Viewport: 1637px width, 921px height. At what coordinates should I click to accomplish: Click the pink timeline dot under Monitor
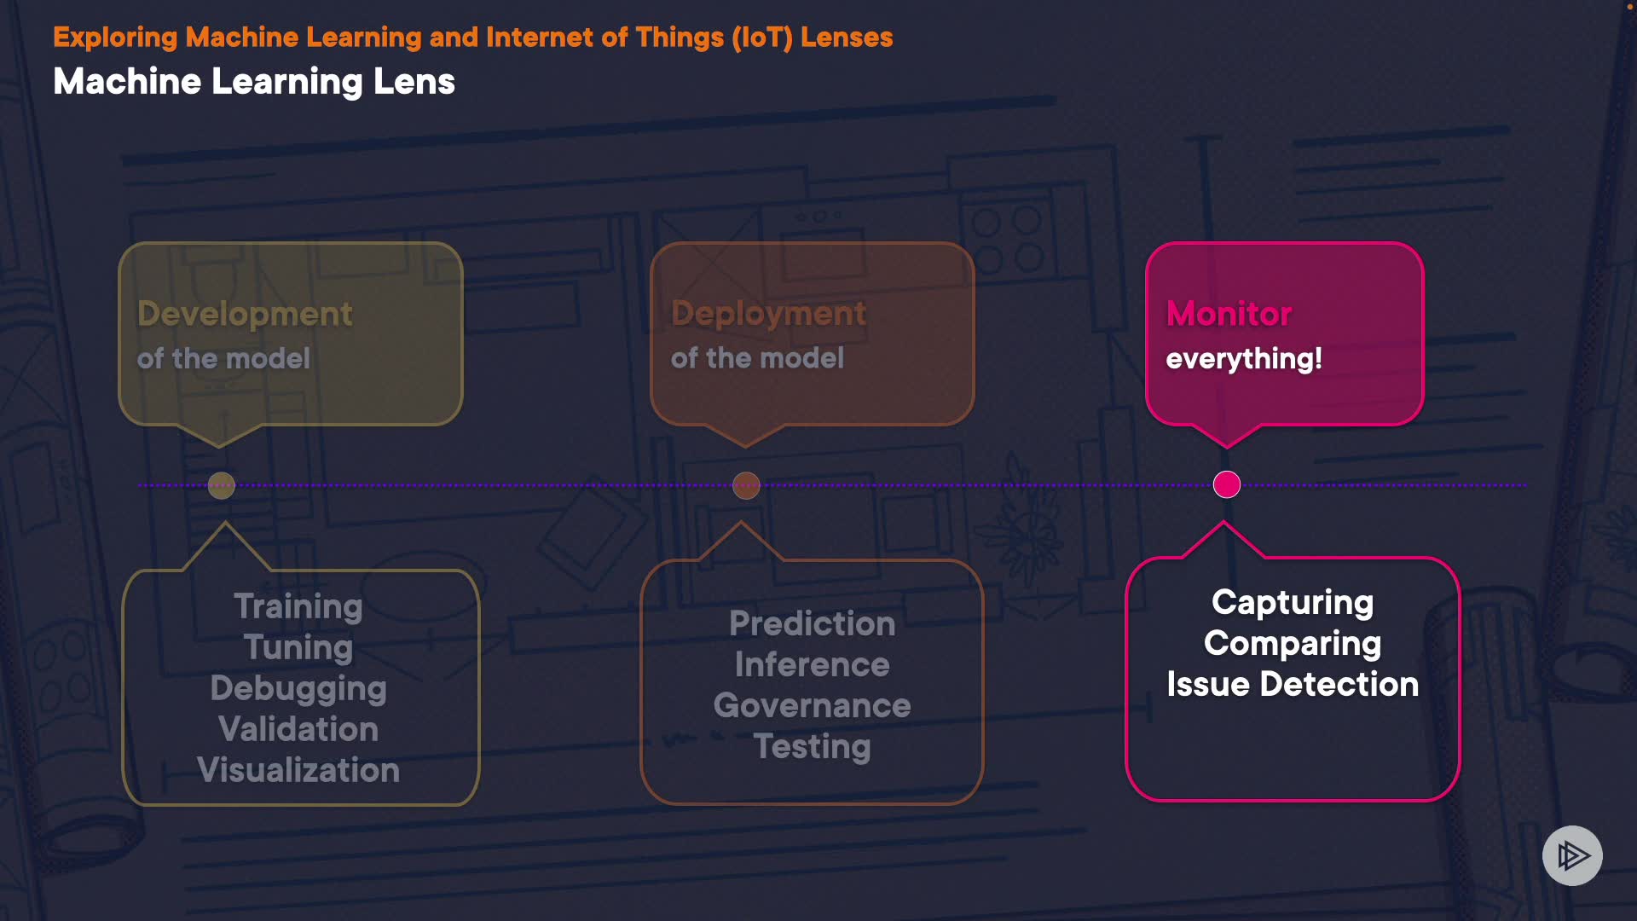[x=1227, y=484]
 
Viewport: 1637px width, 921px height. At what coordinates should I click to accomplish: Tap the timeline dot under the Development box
[x=222, y=485]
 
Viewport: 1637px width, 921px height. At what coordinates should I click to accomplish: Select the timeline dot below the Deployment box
[x=746, y=485]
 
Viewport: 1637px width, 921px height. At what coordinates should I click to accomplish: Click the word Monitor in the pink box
[x=1229, y=314]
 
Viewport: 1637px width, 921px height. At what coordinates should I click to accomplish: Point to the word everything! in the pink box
[x=1244, y=359]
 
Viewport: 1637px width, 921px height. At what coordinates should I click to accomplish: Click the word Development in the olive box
[x=245, y=315]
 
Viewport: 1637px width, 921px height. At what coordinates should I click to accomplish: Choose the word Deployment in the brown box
[x=768, y=314]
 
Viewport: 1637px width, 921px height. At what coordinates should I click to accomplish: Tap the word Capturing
[x=1293, y=603]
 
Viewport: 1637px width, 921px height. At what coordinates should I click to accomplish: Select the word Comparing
[x=1293, y=644]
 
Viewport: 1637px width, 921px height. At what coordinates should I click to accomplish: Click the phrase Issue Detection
[x=1293, y=685]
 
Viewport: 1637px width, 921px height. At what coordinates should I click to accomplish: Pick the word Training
[x=298, y=606]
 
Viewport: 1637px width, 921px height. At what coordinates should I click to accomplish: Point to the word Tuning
[x=298, y=647]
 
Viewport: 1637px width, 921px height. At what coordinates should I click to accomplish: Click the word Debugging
[x=298, y=688]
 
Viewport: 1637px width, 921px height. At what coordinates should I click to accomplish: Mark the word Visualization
[x=298, y=770]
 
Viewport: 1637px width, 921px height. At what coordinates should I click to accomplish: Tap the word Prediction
[x=813, y=623]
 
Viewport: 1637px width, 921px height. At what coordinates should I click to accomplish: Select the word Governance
[x=813, y=705]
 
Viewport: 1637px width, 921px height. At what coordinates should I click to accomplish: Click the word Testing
[x=813, y=746]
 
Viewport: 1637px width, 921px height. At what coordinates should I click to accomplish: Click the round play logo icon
[x=1572, y=855]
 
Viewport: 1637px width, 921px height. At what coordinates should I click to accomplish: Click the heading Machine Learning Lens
[x=254, y=82]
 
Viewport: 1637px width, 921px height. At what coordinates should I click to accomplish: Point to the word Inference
[x=813, y=664]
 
